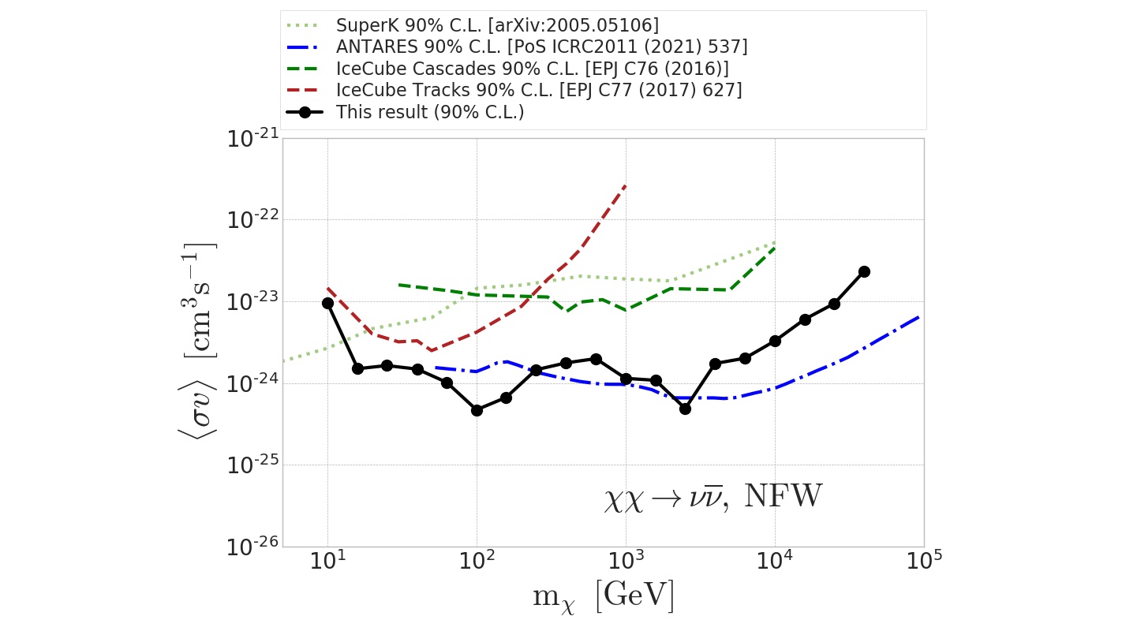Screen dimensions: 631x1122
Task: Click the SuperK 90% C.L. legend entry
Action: click(x=497, y=25)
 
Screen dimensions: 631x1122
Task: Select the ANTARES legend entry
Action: click(x=541, y=47)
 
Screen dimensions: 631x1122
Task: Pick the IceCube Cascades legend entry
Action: click(x=532, y=69)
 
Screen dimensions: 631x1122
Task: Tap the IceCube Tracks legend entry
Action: click(x=538, y=90)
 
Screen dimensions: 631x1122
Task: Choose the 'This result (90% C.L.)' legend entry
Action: click(x=430, y=112)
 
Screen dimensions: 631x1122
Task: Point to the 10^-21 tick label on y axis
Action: click(x=252, y=140)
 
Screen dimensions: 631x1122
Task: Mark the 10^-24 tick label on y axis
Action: click(x=252, y=384)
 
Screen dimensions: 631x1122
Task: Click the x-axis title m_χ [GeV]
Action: click(x=604, y=597)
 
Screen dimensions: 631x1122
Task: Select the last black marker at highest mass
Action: click(x=864, y=271)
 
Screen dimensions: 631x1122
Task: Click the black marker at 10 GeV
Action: click(x=327, y=303)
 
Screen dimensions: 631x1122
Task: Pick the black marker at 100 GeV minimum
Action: click(x=477, y=410)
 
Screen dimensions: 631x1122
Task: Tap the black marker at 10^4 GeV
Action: click(x=775, y=341)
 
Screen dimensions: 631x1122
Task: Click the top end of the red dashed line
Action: click(x=626, y=185)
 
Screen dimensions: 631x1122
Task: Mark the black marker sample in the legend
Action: click(x=307, y=112)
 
